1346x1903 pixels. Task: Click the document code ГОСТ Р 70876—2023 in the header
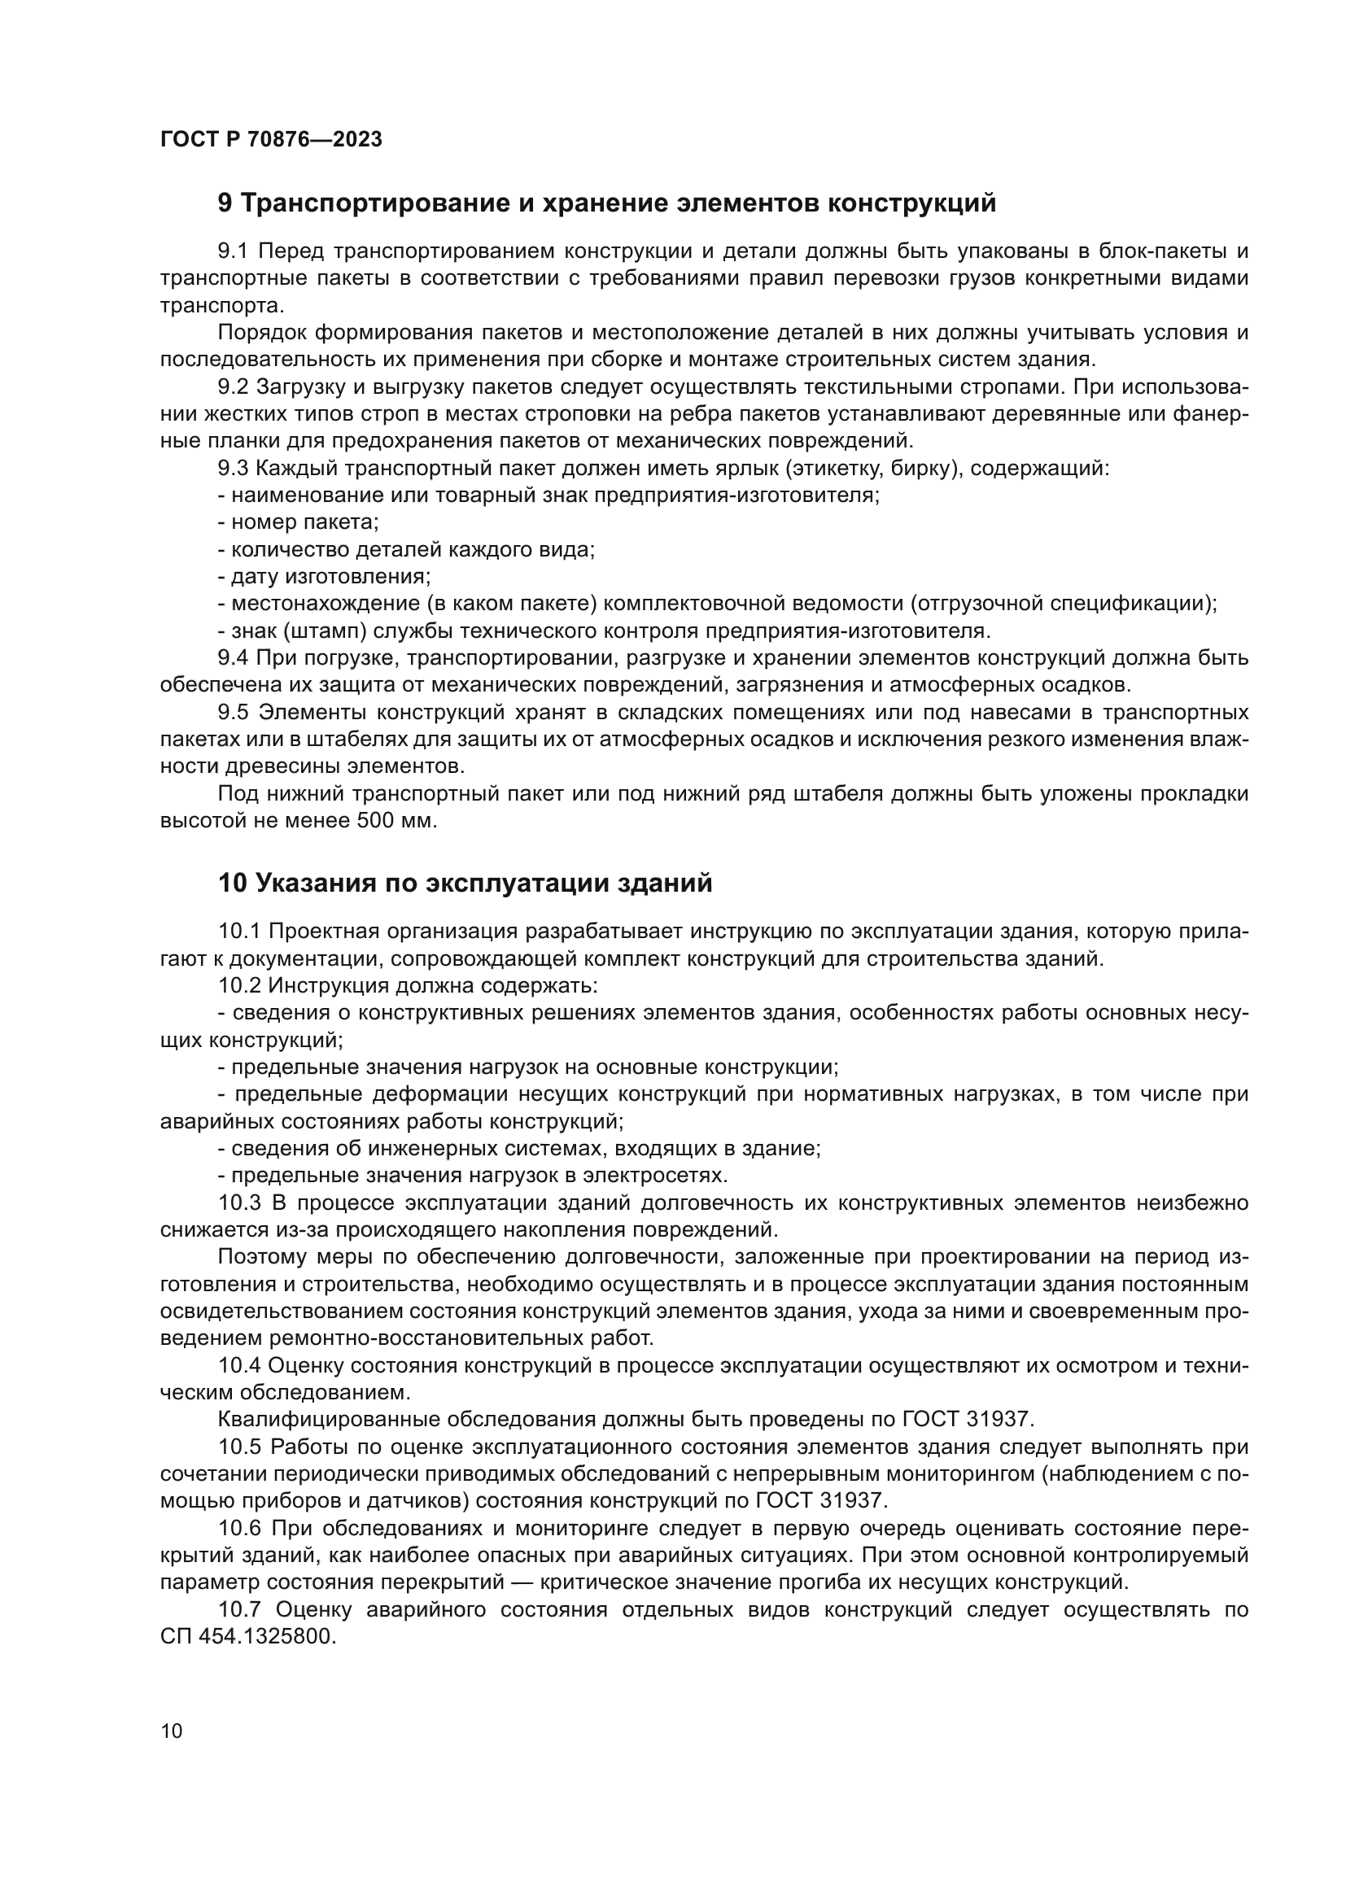(271, 139)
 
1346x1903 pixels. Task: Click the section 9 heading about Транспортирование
(607, 203)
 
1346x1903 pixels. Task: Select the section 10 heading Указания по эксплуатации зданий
(465, 883)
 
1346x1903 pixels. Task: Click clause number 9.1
(234, 251)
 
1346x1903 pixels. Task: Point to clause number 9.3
(234, 469)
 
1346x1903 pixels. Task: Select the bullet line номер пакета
(299, 522)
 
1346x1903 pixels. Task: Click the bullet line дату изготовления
(325, 576)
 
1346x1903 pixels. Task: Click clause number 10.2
(240, 985)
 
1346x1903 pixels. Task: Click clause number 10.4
(240, 1365)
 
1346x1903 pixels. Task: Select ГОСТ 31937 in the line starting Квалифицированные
(967, 1419)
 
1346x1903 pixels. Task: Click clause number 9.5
(234, 713)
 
